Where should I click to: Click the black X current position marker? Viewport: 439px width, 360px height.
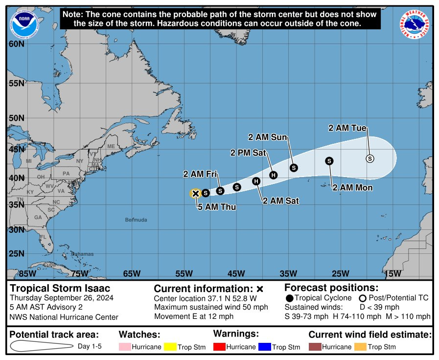point(195,194)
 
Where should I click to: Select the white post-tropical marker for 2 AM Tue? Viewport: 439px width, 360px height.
point(370,158)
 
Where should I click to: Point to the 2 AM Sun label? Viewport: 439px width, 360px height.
point(268,137)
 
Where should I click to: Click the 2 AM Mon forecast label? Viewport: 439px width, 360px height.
point(352,187)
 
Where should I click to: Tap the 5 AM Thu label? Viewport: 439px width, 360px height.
point(217,207)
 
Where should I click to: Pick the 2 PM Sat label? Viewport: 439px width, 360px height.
point(248,153)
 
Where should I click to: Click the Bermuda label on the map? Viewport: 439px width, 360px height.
point(136,220)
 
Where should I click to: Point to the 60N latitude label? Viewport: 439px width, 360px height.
point(16,44)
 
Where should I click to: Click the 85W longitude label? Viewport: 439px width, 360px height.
point(26,273)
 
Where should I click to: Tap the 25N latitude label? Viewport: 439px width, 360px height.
point(16,253)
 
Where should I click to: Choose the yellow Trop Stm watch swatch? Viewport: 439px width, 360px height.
point(170,347)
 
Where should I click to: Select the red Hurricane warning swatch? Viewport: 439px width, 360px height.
point(219,347)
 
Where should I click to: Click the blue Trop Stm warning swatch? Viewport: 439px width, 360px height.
point(264,347)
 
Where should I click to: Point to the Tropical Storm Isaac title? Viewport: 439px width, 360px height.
point(60,288)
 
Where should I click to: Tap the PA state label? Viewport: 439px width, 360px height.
point(66,173)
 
